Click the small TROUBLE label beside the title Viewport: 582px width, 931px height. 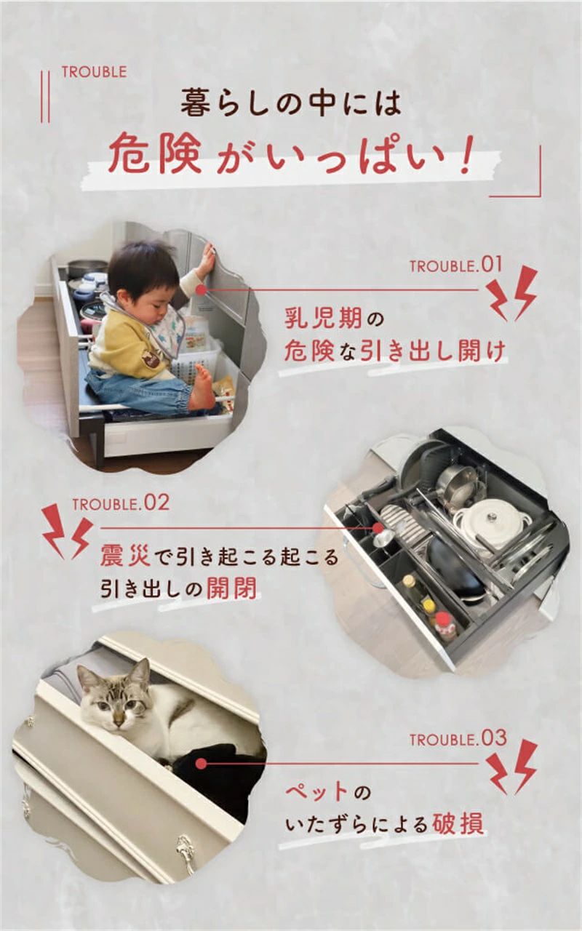pos(95,72)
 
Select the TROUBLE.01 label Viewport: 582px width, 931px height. pos(456,265)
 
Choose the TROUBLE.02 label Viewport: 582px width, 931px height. pos(121,503)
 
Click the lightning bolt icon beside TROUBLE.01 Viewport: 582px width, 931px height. pos(511,293)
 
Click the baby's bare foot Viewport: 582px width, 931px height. pos(203,386)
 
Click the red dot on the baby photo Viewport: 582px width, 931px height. pos(201,289)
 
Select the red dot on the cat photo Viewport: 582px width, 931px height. pos(201,763)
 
